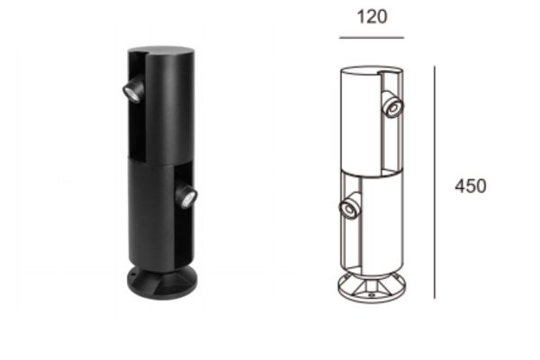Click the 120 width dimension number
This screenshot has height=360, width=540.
click(372, 17)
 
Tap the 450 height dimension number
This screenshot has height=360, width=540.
click(471, 186)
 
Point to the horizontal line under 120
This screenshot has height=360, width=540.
click(372, 38)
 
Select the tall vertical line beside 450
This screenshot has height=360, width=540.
click(435, 182)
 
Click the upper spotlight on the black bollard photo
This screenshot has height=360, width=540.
click(133, 89)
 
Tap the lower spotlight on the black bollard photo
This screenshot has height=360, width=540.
click(186, 196)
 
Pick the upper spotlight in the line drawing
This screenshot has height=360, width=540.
click(392, 104)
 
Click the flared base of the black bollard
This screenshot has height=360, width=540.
click(162, 283)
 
